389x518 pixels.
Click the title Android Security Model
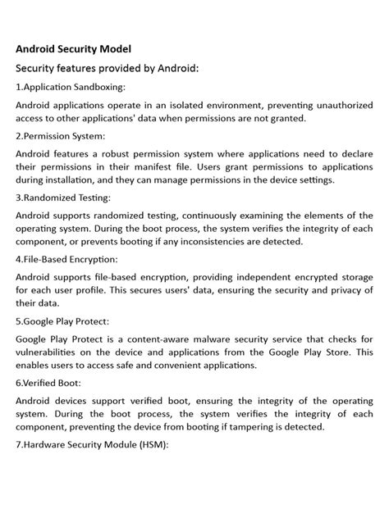(x=73, y=48)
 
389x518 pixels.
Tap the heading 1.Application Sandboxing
(x=71, y=86)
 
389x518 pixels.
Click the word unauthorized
(x=339, y=105)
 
